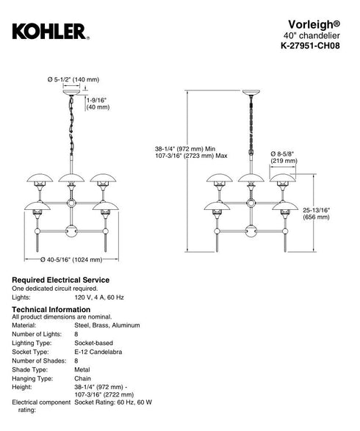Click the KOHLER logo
click(51, 32)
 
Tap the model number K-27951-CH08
click(310, 46)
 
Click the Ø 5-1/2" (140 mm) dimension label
click(73, 79)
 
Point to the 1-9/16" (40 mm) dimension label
click(98, 104)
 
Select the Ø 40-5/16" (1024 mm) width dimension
click(71, 259)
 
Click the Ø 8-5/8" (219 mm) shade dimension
click(284, 157)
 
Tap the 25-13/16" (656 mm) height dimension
click(316, 214)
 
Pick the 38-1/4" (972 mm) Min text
click(185, 149)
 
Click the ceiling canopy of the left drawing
click(71, 93)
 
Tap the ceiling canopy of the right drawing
click(251, 93)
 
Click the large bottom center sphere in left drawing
click(71, 231)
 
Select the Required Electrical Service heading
click(60, 280)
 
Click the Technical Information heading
click(51, 310)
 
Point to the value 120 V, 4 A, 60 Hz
click(99, 297)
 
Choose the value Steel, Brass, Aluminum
click(107, 325)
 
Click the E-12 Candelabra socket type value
click(98, 352)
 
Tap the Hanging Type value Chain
click(82, 378)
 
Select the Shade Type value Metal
click(82, 370)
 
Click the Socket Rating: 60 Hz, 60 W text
click(113, 402)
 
